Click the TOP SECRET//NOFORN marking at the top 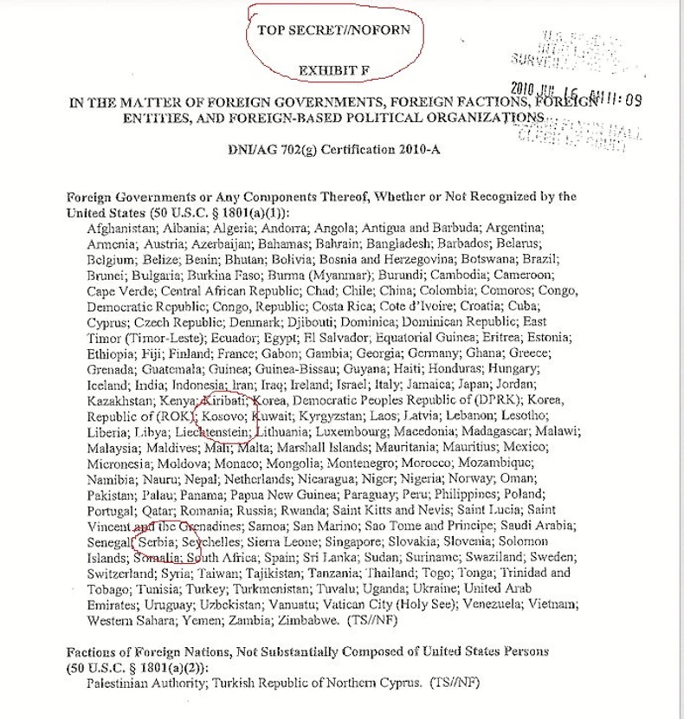pyautogui.click(x=339, y=29)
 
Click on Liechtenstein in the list pyautogui.click(x=211, y=431)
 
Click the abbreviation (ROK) pyautogui.click(x=174, y=416)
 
